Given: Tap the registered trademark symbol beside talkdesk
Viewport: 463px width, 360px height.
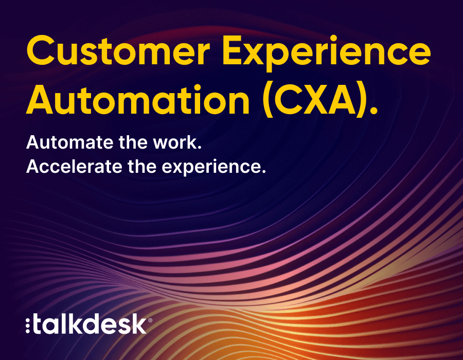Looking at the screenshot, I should click(150, 320).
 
